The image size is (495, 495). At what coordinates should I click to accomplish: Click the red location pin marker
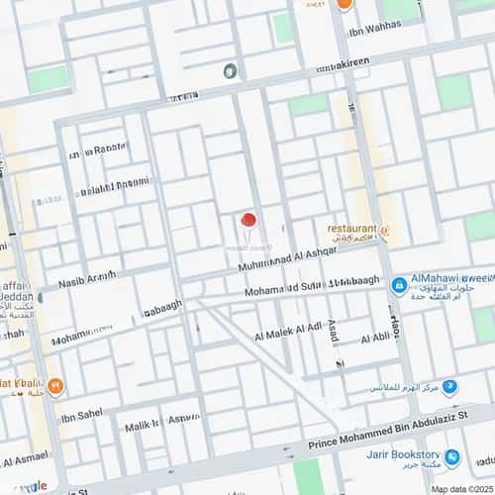pyautogui.click(x=248, y=220)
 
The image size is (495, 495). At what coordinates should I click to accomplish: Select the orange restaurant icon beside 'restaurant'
pyautogui.click(x=385, y=232)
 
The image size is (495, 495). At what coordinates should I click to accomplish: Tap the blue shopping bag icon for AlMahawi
pyautogui.click(x=398, y=286)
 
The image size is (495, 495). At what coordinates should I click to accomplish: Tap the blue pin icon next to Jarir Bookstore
pyautogui.click(x=451, y=457)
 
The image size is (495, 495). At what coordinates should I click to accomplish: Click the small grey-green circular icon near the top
pyautogui.click(x=230, y=70)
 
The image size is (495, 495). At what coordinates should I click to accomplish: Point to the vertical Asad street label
pyautogui.click(x=334, y=332)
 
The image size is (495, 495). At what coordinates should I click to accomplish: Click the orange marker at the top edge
pyautogui.click(x=344, y=4)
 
